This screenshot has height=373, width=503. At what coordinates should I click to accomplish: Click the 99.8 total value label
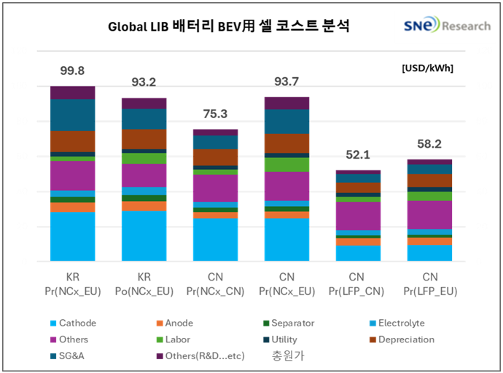(x=72, y=71)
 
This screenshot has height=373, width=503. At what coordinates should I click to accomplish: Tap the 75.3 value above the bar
(x=215, y=114)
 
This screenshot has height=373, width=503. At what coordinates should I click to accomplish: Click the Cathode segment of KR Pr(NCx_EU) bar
(x=72, y=236)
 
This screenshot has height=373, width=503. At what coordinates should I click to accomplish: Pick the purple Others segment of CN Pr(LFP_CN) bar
(x=358, y=216)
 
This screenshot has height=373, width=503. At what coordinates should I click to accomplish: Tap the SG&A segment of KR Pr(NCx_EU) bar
(x=72, y=115)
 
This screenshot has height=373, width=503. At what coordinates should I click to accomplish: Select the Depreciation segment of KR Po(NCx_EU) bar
(x=144, y=139)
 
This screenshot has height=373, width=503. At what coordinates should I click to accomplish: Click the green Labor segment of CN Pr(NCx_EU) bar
(x=286, y=165)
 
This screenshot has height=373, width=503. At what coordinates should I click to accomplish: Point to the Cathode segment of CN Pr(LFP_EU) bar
(x=429, y=253)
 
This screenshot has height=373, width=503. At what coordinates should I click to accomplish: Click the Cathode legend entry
(x=73, y=323)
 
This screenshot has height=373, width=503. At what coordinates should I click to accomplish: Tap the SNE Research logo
(x=447, y=25)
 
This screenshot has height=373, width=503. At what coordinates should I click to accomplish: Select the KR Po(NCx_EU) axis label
(x=144, y=284)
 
